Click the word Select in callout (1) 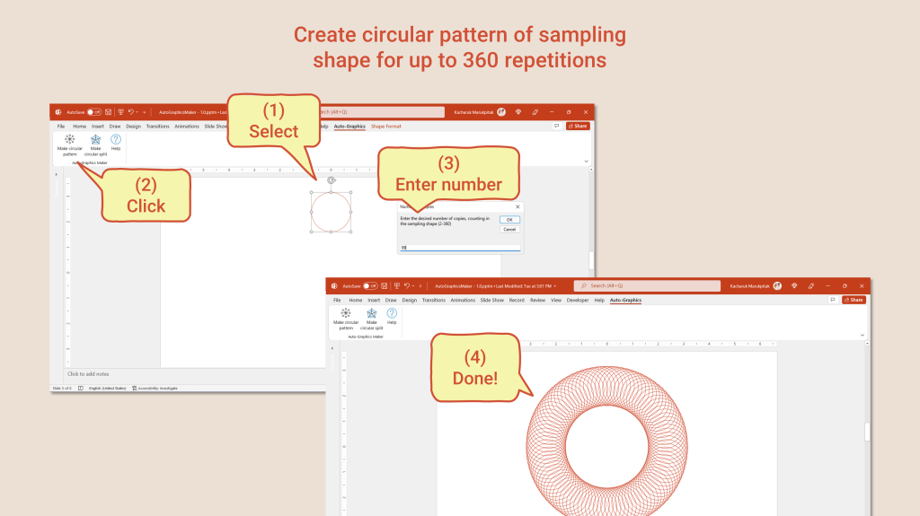tap(273, 132)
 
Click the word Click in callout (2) tap(146, 206)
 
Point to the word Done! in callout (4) tap(476, 378)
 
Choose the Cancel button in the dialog tap(509, 229)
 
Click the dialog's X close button tap(517, 206)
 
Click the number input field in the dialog tap(458, 247)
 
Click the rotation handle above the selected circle tap(331, 180)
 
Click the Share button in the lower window tap(854, 300)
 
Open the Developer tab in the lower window tap(578, 300)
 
